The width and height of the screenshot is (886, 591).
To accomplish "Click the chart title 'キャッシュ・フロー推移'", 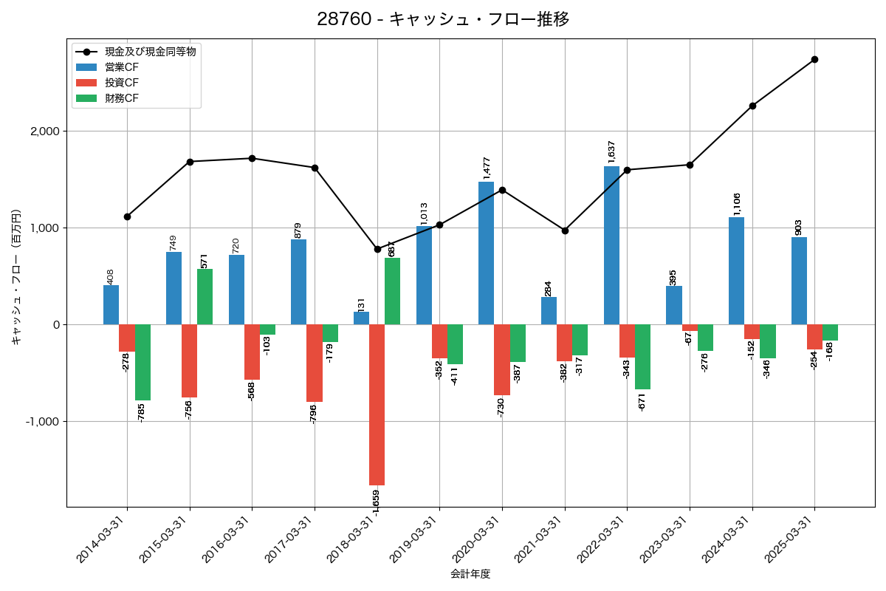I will tap(443, 19).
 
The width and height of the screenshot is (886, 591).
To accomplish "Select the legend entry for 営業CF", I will tap(122, 67).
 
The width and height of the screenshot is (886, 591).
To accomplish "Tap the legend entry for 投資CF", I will tap(122, 83).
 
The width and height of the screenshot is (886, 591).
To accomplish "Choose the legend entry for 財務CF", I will tap(122, 98).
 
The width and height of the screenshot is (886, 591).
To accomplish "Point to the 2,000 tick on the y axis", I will tap(45, 131).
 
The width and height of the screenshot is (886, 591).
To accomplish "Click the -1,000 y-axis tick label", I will tap(43, 422).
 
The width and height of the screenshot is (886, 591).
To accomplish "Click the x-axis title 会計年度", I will tap(470, 574).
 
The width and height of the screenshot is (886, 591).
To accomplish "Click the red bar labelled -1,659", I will tap(377, 405).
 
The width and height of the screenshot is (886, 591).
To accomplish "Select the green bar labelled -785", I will tap(142, 362).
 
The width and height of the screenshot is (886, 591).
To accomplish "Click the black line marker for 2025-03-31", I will tap(814, 59).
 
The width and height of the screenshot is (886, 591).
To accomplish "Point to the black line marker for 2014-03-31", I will tap(127, 216).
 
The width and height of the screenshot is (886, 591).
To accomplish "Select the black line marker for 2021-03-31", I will tap(565, 230).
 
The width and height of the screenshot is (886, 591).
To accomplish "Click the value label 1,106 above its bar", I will tap(737, 205).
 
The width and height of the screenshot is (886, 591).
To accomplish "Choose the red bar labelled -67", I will tap(690, 327).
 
